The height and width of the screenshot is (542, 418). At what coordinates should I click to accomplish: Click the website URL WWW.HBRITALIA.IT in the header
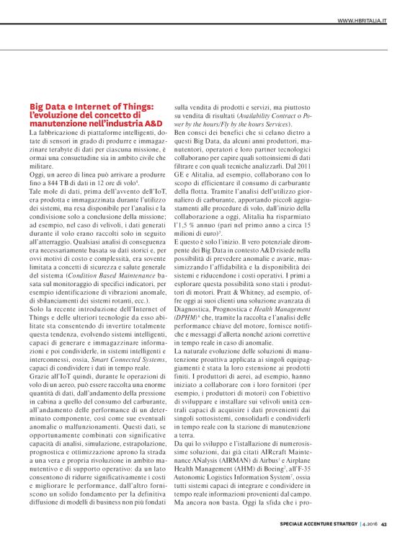(x=362, y=20)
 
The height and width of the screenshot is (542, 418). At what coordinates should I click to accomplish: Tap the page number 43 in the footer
(x=385, y=524)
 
